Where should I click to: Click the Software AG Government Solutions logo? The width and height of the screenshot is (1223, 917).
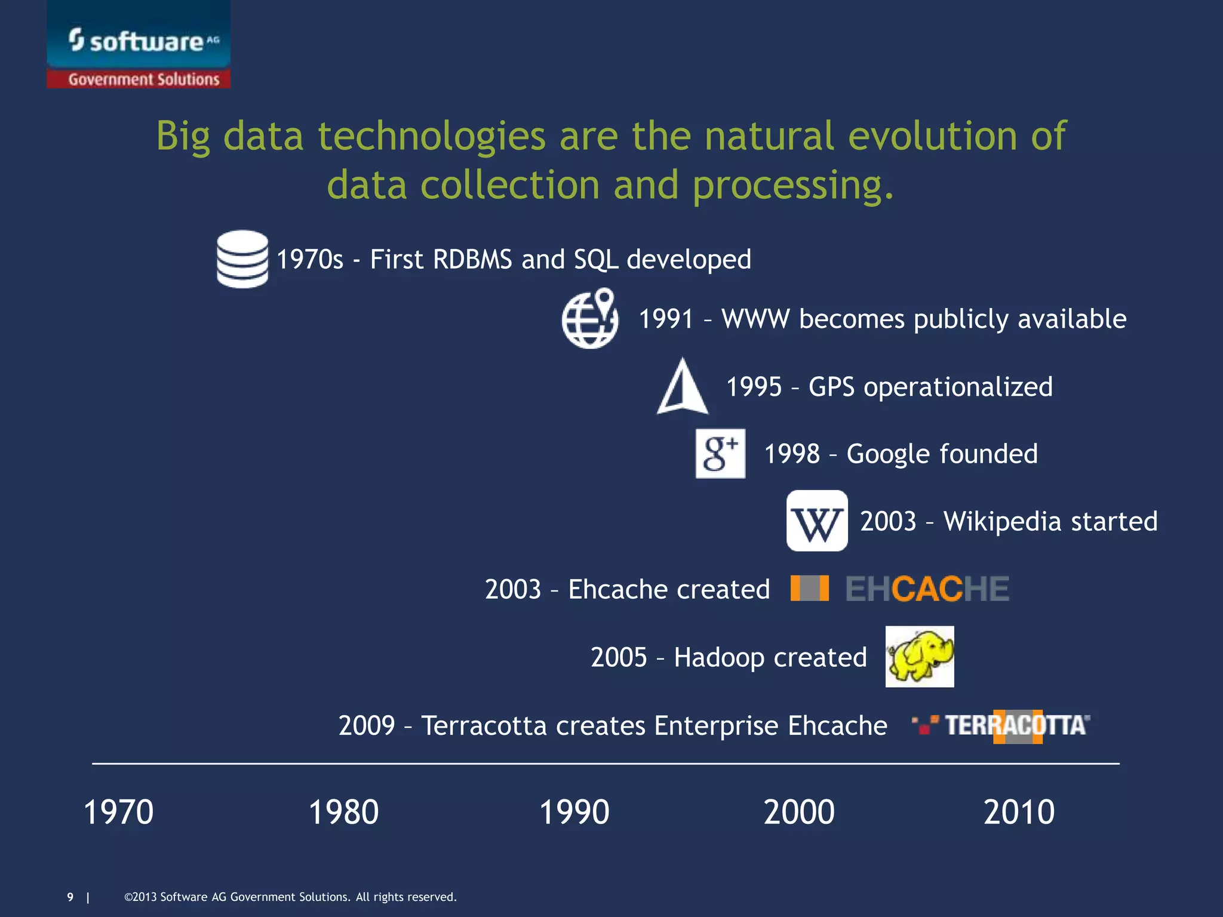pos(139,45)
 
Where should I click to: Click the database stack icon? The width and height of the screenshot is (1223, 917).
pos(242,259)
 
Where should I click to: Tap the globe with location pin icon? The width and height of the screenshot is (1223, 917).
pos(590,319)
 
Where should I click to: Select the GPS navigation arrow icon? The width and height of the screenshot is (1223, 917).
pos(683,387)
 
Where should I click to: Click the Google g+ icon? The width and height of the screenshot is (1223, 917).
pos(720,453)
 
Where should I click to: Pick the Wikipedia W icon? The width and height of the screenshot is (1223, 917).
pos(816,521)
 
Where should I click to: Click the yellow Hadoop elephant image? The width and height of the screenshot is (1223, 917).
pos(919,656)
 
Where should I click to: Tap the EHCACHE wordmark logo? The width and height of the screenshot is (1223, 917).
pos(927,589)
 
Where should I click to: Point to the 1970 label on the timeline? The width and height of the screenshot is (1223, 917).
pos(118,812)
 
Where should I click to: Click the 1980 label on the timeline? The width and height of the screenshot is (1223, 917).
pos(343,812)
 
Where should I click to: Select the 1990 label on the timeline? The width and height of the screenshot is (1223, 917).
pos(574,812)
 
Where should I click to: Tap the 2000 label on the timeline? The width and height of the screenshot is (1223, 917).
pos(799,812)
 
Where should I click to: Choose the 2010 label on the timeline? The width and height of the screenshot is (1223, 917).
pos(1019,812)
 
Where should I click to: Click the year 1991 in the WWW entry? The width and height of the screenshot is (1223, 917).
pos(665,319)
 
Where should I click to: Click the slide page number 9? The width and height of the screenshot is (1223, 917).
pos(70,897)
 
